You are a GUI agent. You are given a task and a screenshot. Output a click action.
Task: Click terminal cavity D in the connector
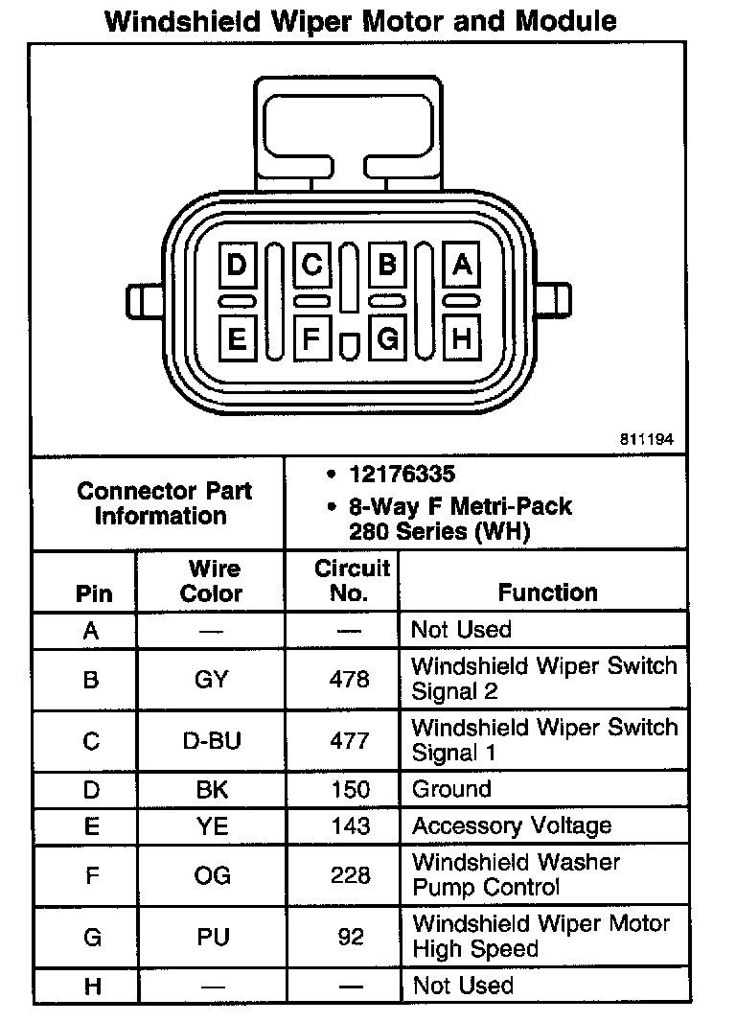click(x=237, y=265)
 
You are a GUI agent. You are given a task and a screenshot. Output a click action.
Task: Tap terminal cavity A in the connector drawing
click(x=462, y=265)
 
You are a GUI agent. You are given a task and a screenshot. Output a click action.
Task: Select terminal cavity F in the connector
click(x=311, y=337)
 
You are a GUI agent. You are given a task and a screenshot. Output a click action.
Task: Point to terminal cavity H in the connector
click(x=462, y=337)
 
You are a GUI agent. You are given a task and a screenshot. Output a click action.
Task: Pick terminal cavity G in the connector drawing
click(x=387, y=337)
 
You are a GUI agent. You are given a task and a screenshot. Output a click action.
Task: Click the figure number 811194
click(x=647, y=440)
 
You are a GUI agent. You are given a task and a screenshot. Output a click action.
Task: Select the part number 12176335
click(x=402, y=476)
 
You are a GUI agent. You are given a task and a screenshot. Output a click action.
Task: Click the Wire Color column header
click(x=212, y=581)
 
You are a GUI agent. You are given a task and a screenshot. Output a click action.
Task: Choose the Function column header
click(x=547, y=593)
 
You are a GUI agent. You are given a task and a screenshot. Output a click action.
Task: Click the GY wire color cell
click(x=212, y=679)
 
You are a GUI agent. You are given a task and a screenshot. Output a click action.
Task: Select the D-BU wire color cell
click(x=212, y=740)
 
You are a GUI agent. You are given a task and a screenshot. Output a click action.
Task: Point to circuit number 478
click(x=350, y=679)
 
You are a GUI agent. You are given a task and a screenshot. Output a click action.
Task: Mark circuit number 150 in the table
click(x=350, y=790)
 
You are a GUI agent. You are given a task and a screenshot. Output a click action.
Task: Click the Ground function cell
click(x=451, y=790)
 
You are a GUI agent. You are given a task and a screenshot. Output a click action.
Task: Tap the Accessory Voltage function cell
click(x=511, y=826)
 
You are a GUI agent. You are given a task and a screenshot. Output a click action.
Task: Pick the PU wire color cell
click(x=212, y=937)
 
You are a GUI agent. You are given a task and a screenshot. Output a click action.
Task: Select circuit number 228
click(x=350, y=875)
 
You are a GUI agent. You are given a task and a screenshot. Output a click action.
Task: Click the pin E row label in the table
click(x=91, y=826)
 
